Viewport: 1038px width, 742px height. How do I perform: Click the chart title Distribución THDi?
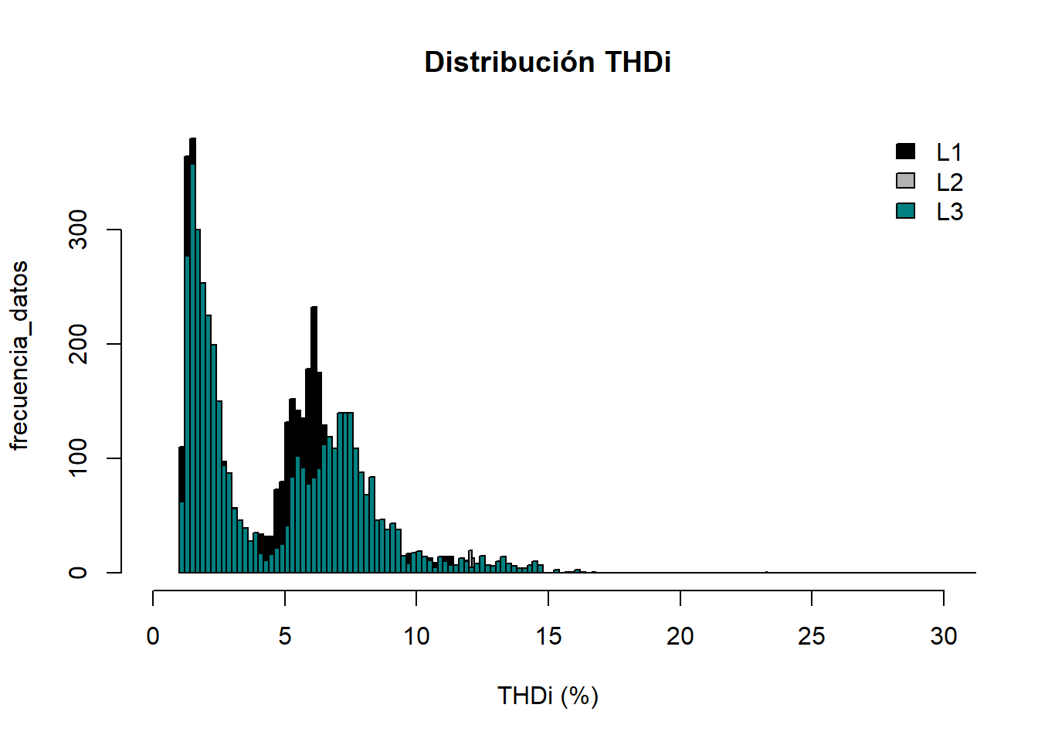[x=548, y=62]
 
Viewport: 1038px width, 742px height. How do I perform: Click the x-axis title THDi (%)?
[x=548, y=696]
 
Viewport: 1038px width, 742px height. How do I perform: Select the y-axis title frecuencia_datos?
[x=19, y=356]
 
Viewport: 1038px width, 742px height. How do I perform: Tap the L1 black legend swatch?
[x=905, y=151]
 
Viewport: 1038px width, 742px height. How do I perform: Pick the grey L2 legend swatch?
[x=905, y=181]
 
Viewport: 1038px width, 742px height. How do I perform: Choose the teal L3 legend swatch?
[x=905, y=210]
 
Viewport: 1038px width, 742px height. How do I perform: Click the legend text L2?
[x=949, y=182]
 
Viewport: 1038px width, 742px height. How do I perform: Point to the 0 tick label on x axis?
[x=153, y=636]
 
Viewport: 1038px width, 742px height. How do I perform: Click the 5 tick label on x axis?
[x=285, y=636]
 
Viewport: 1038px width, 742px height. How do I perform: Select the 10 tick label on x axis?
[x=416, y=636]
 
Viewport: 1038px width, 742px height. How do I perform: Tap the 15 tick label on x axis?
[x=548, y=636]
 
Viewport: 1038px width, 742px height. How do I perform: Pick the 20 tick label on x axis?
[x=680, y=636]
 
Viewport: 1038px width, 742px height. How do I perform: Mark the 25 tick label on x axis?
[x=812, y=636]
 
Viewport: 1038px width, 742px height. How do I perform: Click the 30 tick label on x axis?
[x=944, y=636]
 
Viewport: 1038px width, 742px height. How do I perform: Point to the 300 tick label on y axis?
[x=78, y=230]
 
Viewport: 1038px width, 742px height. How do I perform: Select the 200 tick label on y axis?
[x=78, y=344]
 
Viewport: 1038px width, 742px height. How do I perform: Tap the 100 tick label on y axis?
[x=78, y=458]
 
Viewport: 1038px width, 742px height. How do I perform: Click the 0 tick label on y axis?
[x=78, y=573]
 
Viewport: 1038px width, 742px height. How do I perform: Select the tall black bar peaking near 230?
[x=314, y=386]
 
